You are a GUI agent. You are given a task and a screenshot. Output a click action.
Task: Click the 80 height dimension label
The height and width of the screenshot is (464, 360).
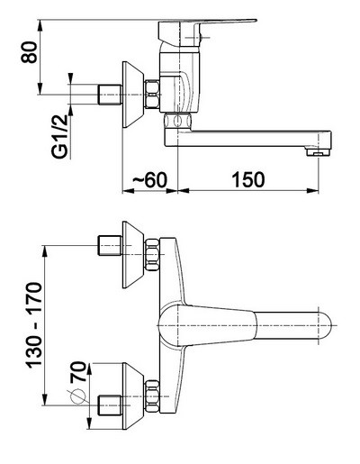tap(30, 52)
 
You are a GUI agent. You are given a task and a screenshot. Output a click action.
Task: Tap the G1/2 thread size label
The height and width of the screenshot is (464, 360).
tap(59, 137)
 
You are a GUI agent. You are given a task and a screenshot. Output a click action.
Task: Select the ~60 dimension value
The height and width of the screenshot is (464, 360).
tap(149, 180)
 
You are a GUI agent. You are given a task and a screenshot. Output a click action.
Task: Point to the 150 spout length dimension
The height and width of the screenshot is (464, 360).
tap(248, 180)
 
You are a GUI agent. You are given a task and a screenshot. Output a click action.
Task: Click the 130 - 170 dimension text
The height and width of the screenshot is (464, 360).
tap(34, 325)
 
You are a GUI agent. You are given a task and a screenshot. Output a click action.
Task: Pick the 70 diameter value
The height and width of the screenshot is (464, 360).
tap(78, 372)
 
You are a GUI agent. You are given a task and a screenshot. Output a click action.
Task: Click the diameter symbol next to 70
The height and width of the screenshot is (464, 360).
tap(77, 396)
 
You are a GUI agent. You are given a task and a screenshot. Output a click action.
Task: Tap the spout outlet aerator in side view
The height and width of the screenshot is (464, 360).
tap(318, 151)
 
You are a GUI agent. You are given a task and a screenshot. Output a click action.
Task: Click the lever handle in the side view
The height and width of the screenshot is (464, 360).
tap(207, 32)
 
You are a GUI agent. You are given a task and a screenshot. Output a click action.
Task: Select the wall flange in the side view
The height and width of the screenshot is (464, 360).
tap(133, 95)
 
